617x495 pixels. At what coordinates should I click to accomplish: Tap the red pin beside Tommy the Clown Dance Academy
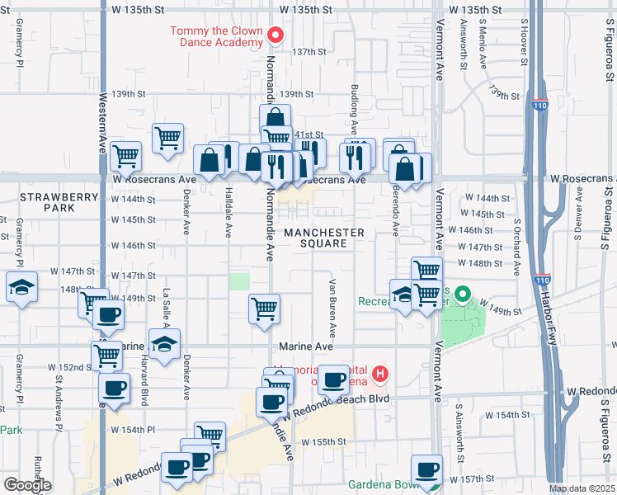point(276,35)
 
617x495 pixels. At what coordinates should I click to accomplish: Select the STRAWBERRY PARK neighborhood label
point(48,202)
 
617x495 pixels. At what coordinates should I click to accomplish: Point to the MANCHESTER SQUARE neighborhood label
point(324,238)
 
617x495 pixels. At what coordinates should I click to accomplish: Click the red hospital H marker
point(379,375)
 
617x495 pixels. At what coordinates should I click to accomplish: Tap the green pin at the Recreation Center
point(462,295)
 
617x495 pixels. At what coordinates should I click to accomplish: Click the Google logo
point(26,485)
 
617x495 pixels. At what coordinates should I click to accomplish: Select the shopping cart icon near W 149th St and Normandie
point(265,309)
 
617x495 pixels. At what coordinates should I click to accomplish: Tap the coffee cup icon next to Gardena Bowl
point(427,469)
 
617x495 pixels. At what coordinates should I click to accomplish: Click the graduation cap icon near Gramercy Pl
point(21,286)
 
